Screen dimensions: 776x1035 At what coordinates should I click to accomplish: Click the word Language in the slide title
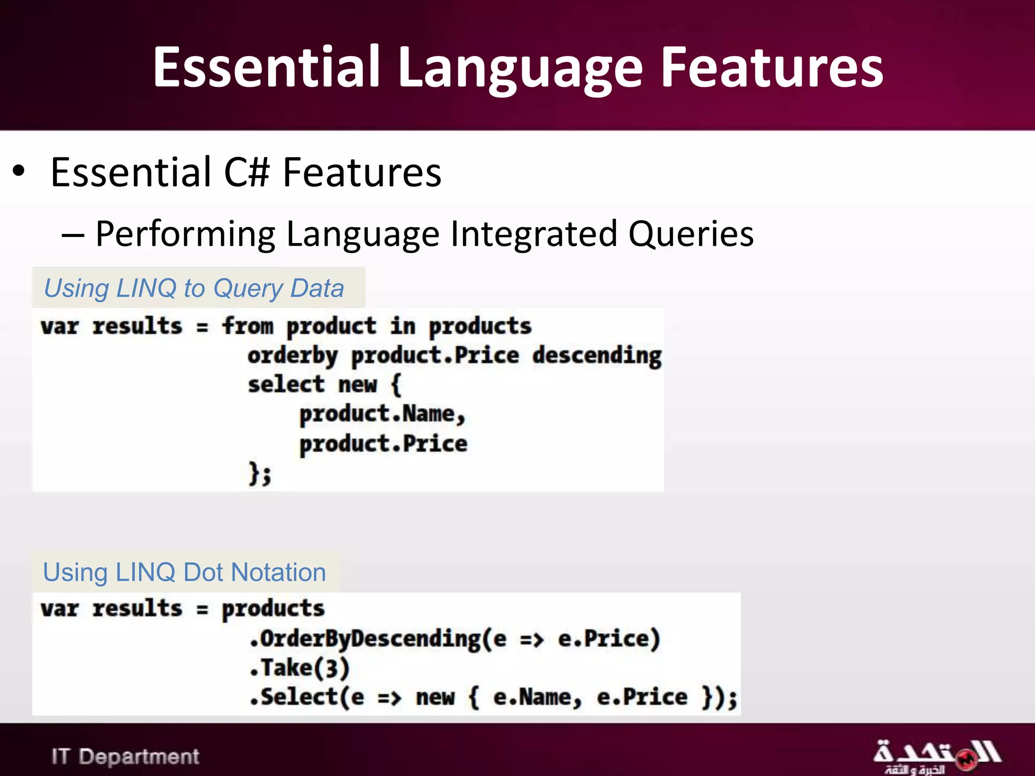[x=521, y=68]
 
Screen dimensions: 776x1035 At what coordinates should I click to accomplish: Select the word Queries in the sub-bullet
[x=691, y=233]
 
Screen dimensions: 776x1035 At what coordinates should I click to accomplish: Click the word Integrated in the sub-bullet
[x=534, y=233]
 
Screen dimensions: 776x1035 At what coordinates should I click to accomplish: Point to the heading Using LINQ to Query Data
[x=194, y=288]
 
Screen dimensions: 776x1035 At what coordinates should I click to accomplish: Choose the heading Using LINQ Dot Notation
[x=184, y=572]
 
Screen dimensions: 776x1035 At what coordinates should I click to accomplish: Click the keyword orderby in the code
[x=292, y=356]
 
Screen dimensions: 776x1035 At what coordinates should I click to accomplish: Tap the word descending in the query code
[x=597, y=356]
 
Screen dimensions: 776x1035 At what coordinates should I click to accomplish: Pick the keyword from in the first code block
[x=248, y=326]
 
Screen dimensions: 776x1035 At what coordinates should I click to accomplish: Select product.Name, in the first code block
[x=382, y=414]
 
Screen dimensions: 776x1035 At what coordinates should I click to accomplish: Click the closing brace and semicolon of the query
[x=260, y=474]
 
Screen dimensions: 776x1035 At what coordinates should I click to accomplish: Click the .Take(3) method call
[x=299, y=668]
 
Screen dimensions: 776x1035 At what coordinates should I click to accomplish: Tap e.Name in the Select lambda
[x=537, y=698]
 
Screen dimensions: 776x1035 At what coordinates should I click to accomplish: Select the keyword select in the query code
[x=286, y=385]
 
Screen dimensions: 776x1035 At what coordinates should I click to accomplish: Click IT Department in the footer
[x=125, y=756]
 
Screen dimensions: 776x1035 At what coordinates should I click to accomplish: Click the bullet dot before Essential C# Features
[x=19, y=171]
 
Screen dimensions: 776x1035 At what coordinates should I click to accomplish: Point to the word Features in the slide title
[x=772, y=68]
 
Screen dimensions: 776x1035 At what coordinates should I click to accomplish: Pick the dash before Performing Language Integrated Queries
[x=73, y=234]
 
